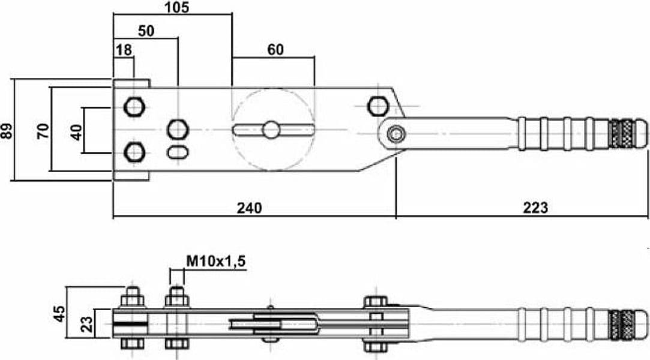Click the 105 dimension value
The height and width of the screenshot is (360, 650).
[x=176, y=7]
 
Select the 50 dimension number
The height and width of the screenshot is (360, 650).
[x=146, y=31]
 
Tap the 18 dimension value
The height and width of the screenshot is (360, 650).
[x=124, y=50]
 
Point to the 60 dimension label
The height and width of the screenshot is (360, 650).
[x=275, y=50]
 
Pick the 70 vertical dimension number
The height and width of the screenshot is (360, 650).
[x=43, y=131]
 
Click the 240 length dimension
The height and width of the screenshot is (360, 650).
[x=250, y=208]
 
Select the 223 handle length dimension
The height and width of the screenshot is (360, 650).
[x=535, y=207]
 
